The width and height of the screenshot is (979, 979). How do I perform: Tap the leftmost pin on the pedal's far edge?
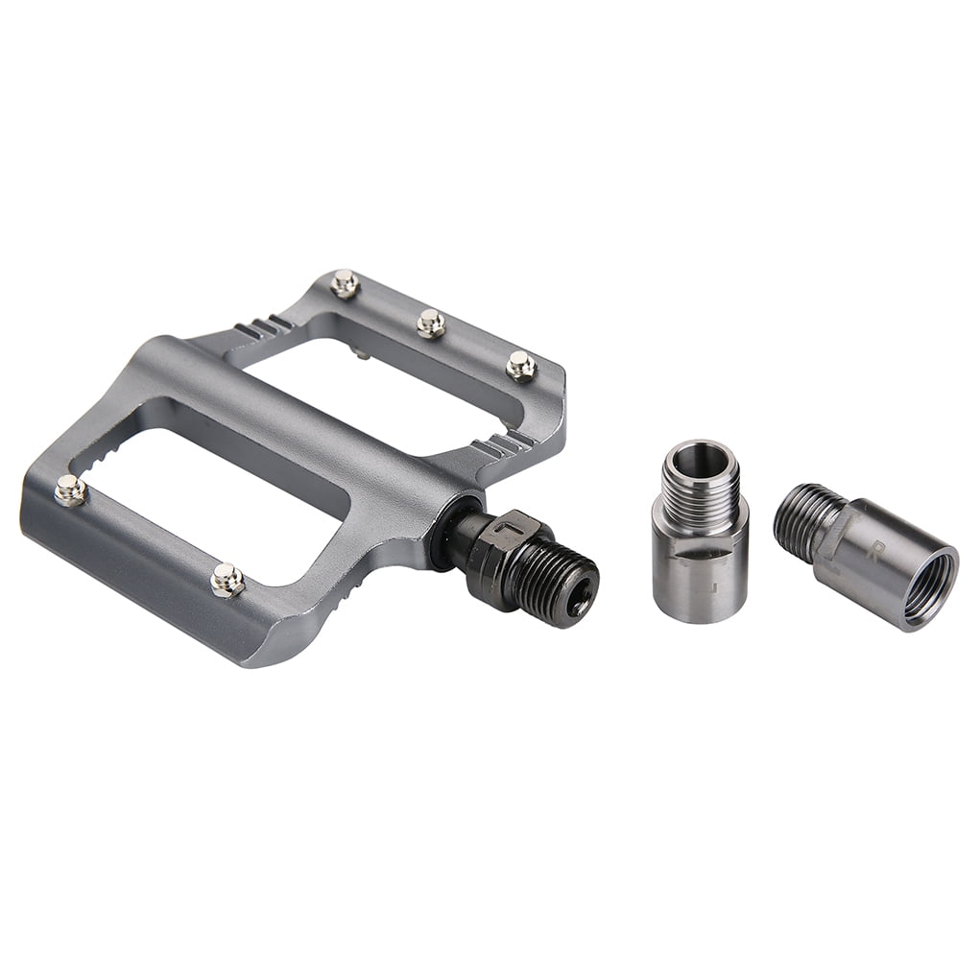[x=345, y=283]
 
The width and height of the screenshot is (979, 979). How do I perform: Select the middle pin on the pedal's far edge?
[x=431, y=323]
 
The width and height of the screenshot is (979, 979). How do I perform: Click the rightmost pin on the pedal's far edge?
[x=520, y=365]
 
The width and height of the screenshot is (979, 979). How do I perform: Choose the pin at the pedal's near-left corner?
[x=69, y=489]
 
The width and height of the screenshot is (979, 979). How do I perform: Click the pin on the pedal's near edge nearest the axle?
[x=227, y=580]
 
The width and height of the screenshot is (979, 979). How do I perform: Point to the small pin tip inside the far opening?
[x=361, y=353]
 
